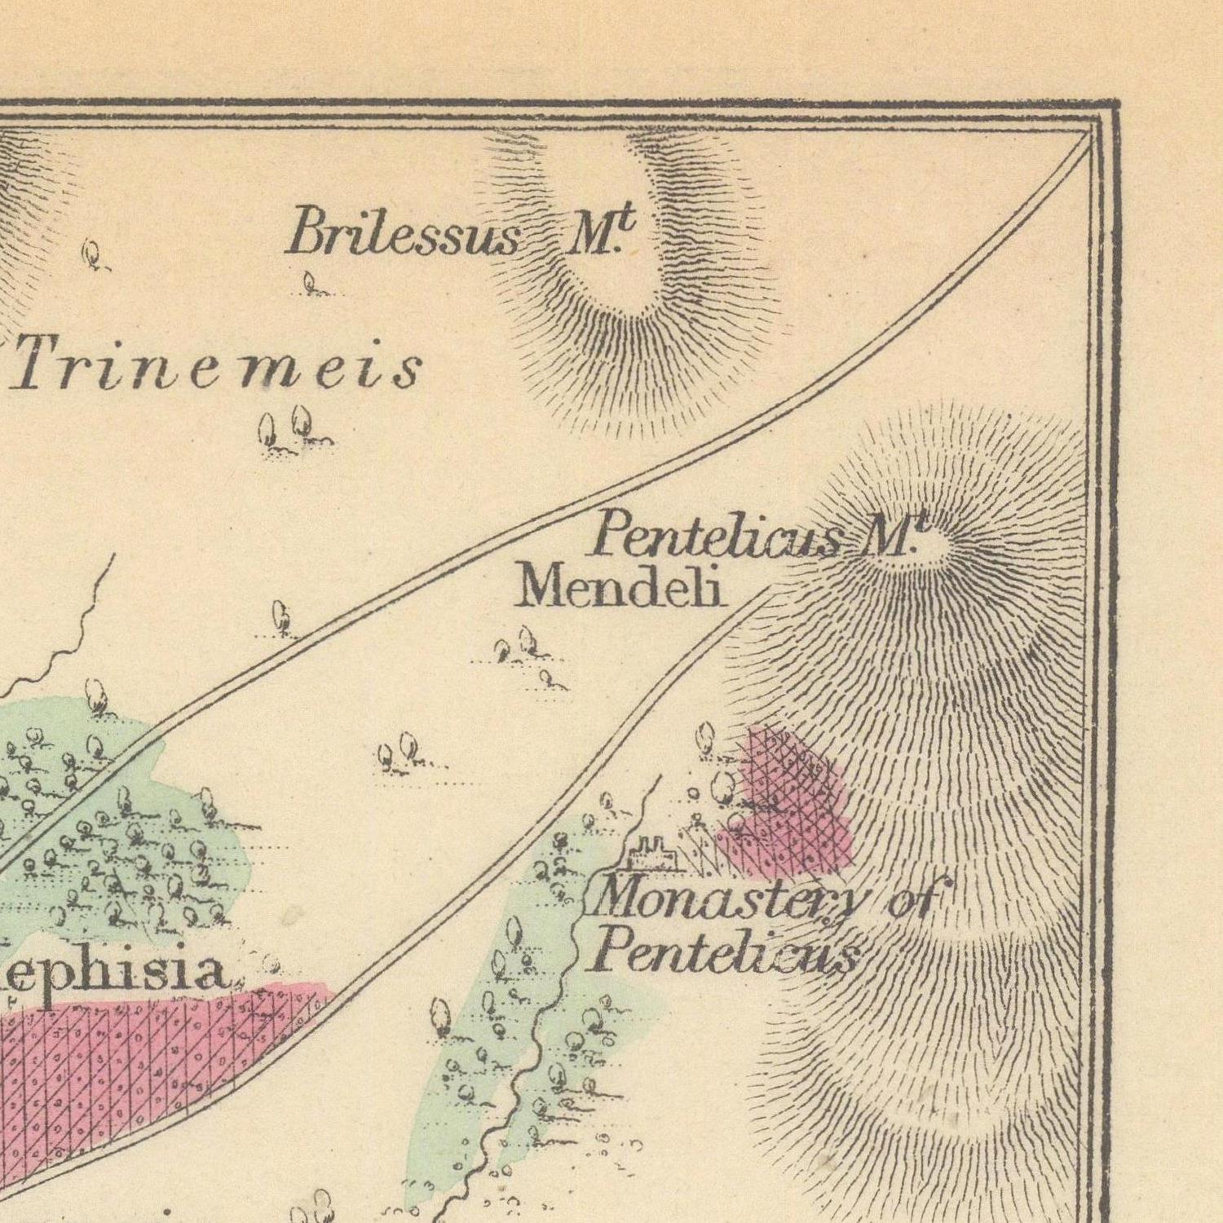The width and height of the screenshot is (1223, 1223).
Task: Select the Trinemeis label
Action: click(x=217, y=367)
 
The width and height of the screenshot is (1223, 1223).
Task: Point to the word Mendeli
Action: click(x=620, y=587)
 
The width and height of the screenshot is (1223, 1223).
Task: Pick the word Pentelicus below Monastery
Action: click(x=726, y=951)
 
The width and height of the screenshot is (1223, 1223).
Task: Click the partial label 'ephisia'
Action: click(x=114, y=972)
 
